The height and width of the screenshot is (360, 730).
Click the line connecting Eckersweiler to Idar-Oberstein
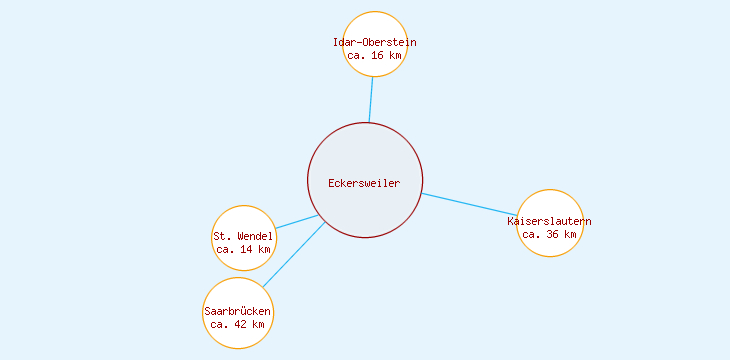(x=371, y=100)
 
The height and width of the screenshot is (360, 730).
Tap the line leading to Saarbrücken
(x=294, y=255)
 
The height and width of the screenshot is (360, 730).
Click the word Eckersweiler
(x=364, y=183)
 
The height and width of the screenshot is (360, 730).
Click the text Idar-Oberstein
(x=375, y=42)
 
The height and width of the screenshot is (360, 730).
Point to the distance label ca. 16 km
(x=375, y=56)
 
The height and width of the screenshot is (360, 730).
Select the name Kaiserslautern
(x=550, y=220)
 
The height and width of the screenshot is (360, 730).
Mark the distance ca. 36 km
(x=550, y=234)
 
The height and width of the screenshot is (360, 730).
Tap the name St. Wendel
(x=243, y=236)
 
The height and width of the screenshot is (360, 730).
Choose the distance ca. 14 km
(x=243, y=249)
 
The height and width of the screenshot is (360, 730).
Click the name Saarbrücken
(x=238, y=311)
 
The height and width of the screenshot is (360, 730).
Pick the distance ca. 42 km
(x=238, y=324)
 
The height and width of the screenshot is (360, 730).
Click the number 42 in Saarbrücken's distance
(x=238, y=324)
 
